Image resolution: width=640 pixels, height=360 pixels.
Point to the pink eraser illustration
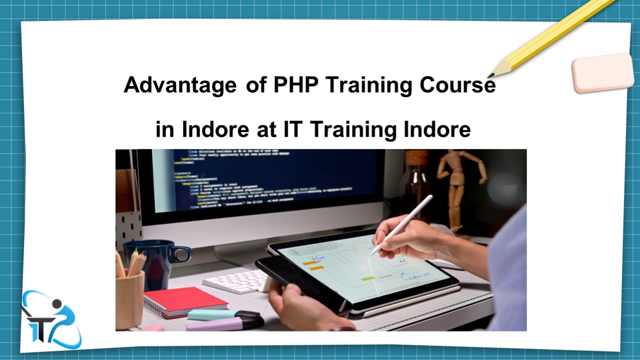tap(602, 73)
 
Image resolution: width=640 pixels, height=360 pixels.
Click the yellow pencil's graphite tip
tap(491, 75)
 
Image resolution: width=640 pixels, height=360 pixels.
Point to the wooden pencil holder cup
tap(129, 300)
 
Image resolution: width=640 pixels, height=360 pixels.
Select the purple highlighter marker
tap(225, 323)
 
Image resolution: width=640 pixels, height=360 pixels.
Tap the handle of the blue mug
tap(183, 253)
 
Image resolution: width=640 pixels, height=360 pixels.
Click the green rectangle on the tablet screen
tap(368, 278)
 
